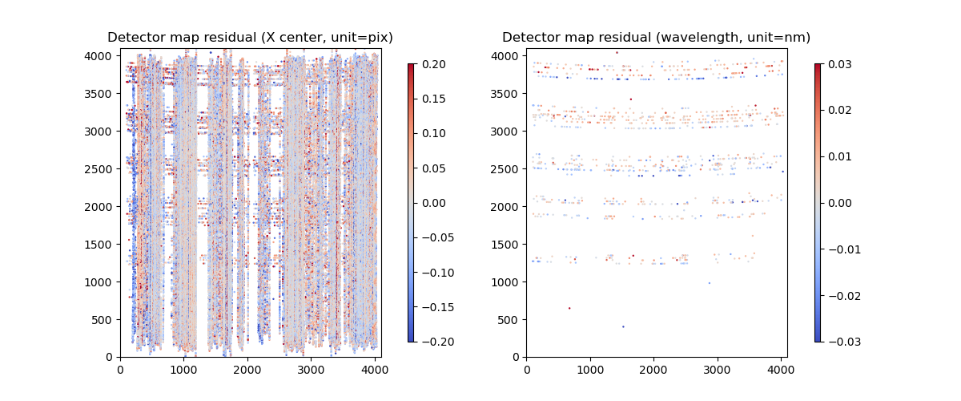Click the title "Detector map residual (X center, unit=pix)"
click(x=250, y=38)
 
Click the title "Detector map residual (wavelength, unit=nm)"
click(x=656, y=38)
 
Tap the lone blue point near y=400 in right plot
click(x=623, y=326)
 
